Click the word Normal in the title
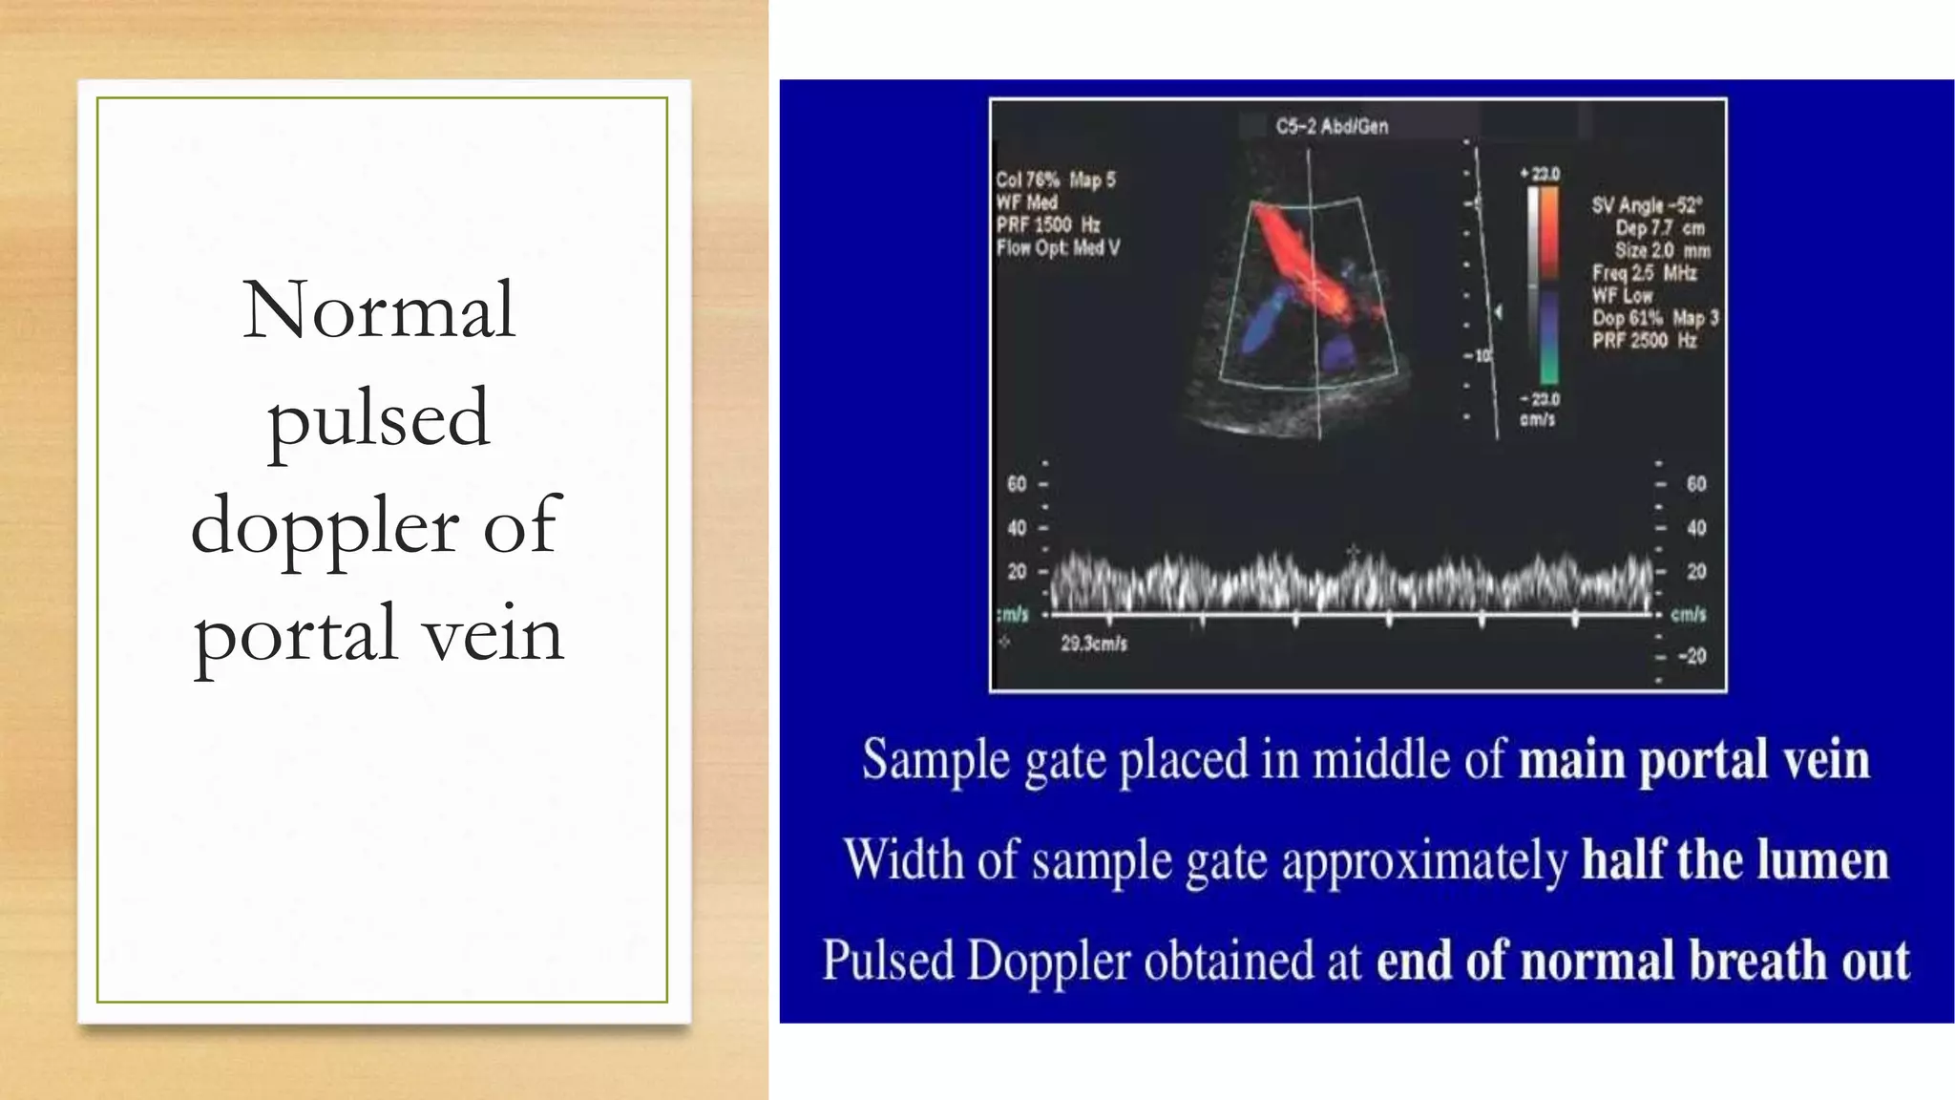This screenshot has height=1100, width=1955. (x=379, y=310)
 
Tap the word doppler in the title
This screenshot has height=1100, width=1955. (x=325, y=526)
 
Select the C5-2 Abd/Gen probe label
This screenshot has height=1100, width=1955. (x=1332, y=126)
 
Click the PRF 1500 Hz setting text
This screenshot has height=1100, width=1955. (x=1048, y=225)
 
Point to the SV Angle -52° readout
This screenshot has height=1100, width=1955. (x=1647, y=205)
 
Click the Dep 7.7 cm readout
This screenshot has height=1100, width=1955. (x=1659, y=228)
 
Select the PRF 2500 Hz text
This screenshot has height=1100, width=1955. (x=1644, y=341)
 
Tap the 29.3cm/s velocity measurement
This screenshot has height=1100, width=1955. (x=1094, y=644)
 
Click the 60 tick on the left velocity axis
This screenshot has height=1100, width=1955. (x=1018, y=484)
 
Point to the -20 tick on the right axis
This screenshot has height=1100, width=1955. (x=1692, y=656)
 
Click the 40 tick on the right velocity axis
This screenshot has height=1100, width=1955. (x=1695, y=528)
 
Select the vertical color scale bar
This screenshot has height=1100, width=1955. (x=1543, y=285)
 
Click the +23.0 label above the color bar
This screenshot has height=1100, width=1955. (x=1541, y=174)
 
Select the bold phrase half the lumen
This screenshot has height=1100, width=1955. (x=1734, y=860)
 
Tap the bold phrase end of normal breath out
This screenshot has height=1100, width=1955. (x=1642, y=961)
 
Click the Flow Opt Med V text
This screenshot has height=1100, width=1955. (x=1058, y=248)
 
